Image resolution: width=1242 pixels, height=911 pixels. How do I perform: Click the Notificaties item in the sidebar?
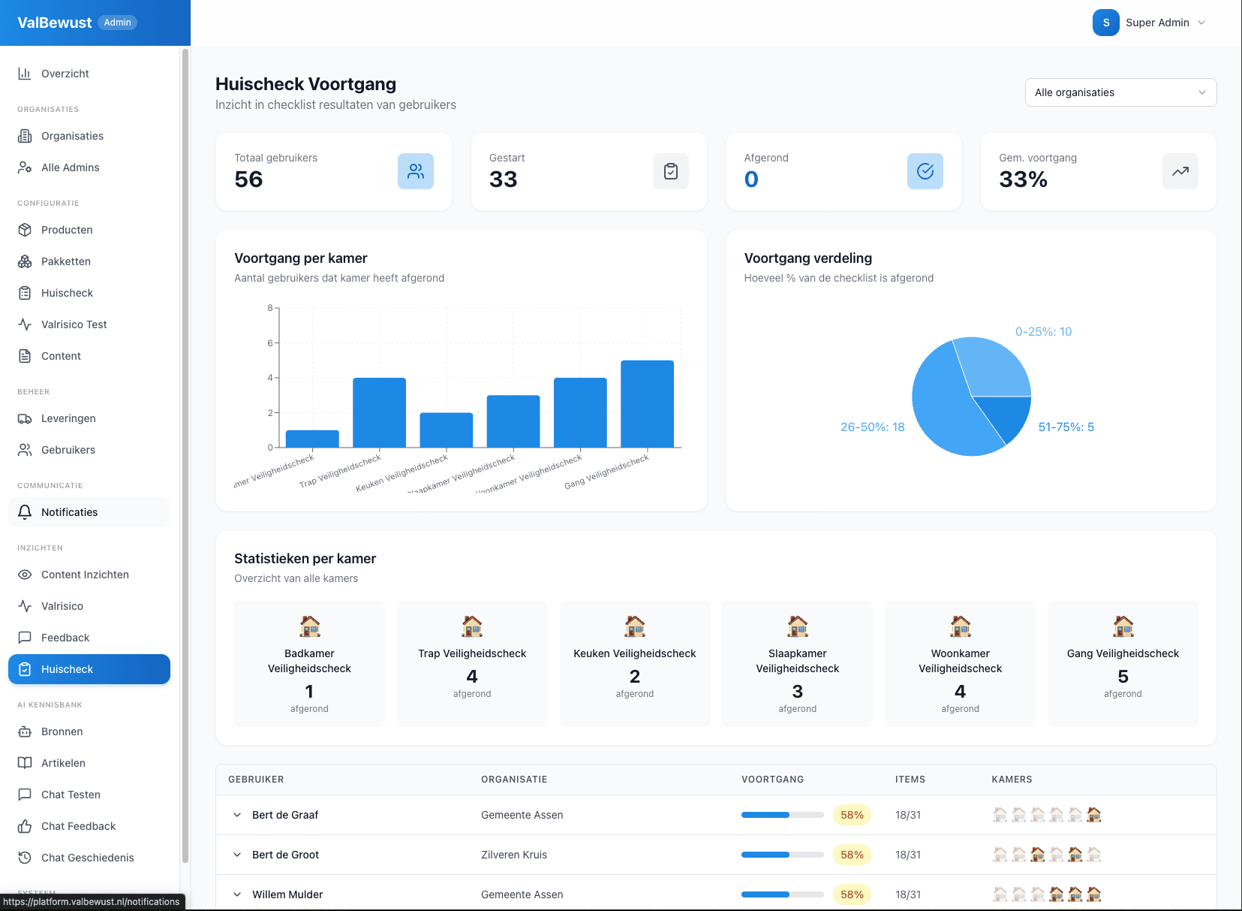(x=69, y=512)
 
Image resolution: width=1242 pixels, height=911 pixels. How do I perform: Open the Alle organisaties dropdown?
(x=1120, y=92)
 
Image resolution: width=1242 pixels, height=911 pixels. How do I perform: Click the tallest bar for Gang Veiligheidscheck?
(x=647, y=404)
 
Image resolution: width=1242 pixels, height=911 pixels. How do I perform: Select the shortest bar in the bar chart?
(x=312, y=439)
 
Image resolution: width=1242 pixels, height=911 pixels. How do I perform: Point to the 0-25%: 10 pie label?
(x=1043, y=332)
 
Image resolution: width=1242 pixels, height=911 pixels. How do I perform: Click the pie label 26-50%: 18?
(x=872, y=427)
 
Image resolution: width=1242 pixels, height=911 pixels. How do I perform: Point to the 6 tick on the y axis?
(x=270, y=343)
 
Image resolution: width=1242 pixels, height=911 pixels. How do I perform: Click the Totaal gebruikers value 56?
(x=248, y=179)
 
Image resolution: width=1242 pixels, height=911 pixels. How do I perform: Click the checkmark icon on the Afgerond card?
(x=925, y=171)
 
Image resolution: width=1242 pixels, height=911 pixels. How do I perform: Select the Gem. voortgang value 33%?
(x=1023, y=179)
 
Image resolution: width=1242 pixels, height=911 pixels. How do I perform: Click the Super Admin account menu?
(x=1149, y=23)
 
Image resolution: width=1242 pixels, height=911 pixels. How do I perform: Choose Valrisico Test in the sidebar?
(x=74, y=324)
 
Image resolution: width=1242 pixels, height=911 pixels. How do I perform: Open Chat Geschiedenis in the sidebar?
(x=87, y=858)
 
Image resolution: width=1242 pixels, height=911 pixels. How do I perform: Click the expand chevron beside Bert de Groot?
(x=237, y=855)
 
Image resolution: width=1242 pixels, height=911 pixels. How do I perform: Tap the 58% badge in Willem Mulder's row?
(x=852, y=894)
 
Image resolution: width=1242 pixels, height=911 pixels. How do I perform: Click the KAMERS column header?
(x=1012, y=780)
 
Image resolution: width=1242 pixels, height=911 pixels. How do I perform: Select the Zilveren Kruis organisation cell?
(x=514, y=855)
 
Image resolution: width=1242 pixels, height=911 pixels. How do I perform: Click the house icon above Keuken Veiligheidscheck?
(x=635, y=626)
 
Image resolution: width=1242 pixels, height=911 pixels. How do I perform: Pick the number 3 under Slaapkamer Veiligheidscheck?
(x=797, y=691)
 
